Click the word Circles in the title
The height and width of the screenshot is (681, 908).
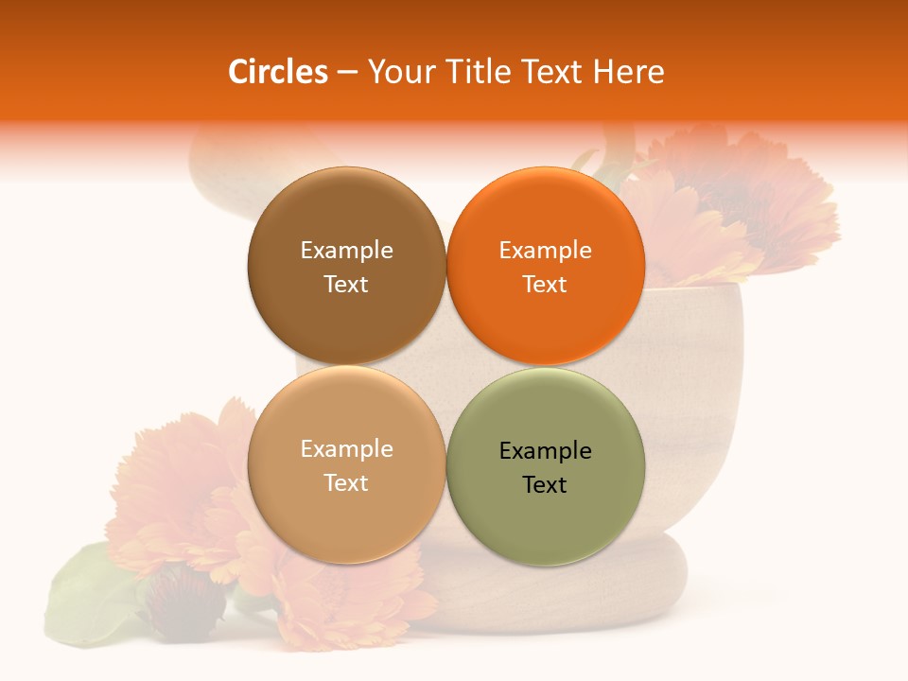click(278, 72)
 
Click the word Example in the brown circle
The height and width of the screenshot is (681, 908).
click(346, 250)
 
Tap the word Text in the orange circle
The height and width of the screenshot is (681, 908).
click(545, 284)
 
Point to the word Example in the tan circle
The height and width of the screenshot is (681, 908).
click(346, 448)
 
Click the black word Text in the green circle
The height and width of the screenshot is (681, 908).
click(545, 484)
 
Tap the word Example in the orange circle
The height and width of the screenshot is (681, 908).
click(545, 250)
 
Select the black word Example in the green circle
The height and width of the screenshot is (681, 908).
click(545, 450)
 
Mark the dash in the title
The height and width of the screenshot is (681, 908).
click(347, 73)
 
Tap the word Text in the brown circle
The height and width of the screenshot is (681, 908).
click(346, 284)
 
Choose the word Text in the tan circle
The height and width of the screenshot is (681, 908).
click(346, 482)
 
